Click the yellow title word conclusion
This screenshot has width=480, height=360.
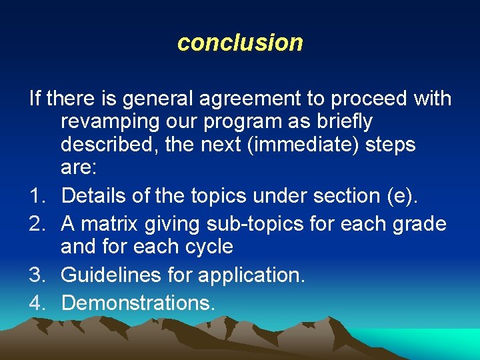[x=240, y=43]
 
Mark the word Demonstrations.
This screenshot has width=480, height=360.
[x=138, y=303]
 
